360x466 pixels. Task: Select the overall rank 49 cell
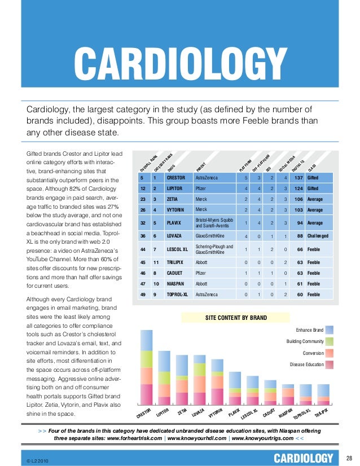(144, 294)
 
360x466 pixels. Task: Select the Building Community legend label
(305, 341)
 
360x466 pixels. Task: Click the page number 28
(349, 457)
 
